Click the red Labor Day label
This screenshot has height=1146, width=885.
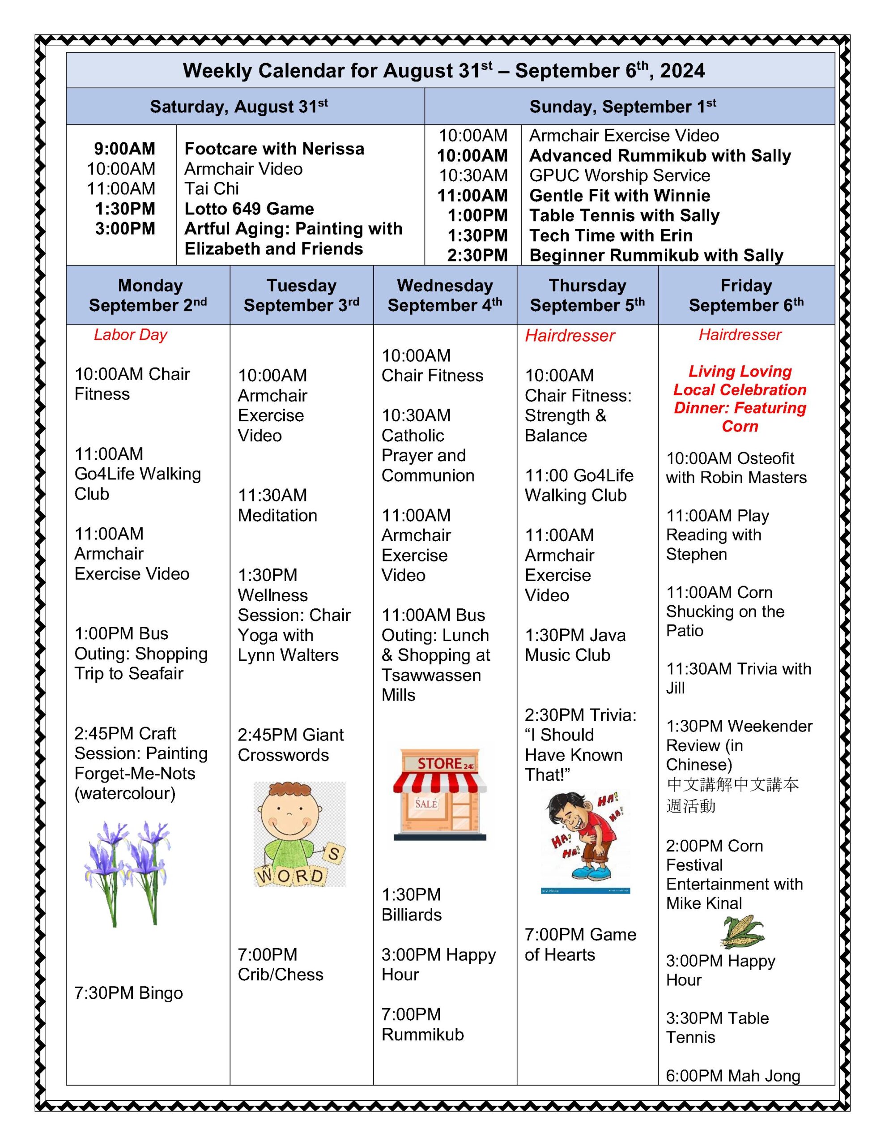pos(130,335)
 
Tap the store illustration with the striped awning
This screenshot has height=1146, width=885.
pos(440,795)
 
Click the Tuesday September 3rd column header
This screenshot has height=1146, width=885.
pos(301,295)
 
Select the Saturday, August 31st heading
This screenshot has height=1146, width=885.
pos(238,107)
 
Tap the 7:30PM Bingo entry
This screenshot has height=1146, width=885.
pos(128,993)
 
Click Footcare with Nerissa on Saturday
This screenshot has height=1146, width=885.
pos(274,149)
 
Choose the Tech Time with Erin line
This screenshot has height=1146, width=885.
pos(611,235)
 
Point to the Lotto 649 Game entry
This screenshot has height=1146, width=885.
pos(249,209)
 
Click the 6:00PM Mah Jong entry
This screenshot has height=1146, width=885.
pos(732,1076)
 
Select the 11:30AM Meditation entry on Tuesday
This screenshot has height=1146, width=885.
pos(277,505)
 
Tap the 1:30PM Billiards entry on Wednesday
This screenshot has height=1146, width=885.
pos(411,905)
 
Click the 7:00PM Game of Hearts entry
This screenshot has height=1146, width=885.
pos(580,945)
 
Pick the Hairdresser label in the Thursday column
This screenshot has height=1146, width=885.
pos(570,336)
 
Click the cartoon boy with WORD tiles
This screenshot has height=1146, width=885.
pos(299,834)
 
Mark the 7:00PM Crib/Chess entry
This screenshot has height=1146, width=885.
pos(280,964)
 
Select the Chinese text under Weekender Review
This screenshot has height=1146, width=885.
pos(732,795)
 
